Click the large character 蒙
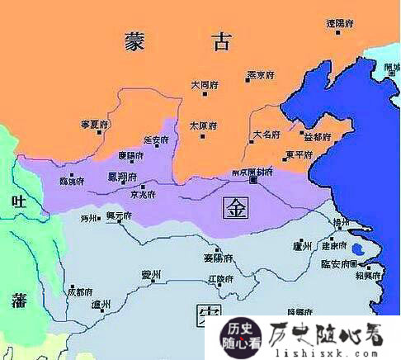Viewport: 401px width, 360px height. click(136, 40)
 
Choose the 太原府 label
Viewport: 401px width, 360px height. click(202, 126)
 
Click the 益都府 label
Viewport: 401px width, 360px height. click(318, 135)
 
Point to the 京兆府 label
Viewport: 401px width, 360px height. click(143, 195)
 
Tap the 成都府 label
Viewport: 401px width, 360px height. click(79, 291)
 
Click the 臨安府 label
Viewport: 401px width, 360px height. click(338, 263)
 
